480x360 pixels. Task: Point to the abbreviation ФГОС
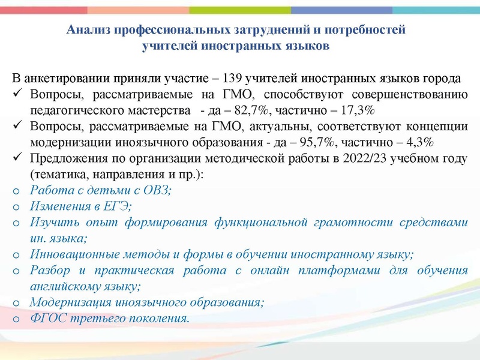coord(46,317)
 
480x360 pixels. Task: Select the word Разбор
coord(49,270)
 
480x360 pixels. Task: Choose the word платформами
coord(347,270)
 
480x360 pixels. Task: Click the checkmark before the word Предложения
coord(17,158)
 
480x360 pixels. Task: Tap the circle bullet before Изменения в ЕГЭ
coord(17,206)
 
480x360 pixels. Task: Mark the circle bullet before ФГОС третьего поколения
coord(17,318)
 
